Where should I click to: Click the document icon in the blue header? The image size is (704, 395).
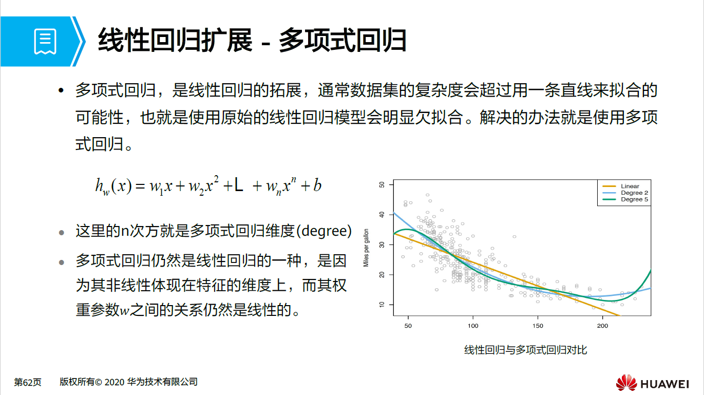tap(45, 42)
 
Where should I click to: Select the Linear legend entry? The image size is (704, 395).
tap(630, 186)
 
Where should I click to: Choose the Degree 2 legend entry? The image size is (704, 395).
tap(634, 193)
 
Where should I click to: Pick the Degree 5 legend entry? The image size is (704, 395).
tap(634, 199)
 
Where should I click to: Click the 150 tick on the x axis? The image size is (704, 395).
tap(538, 326)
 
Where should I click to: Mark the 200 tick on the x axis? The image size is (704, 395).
tap(602, 326)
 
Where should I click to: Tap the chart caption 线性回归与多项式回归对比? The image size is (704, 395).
tap(525, 350)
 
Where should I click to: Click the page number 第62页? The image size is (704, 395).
tap(28, 382)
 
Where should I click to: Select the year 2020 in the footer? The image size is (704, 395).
tap(114, 382)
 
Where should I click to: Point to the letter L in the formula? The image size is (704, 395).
tap(238, 185)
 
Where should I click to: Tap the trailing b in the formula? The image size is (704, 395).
tap(317, 185)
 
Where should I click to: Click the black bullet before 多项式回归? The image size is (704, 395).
tap(62, 91)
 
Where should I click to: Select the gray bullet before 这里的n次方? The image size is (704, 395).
tap(62, 232)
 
